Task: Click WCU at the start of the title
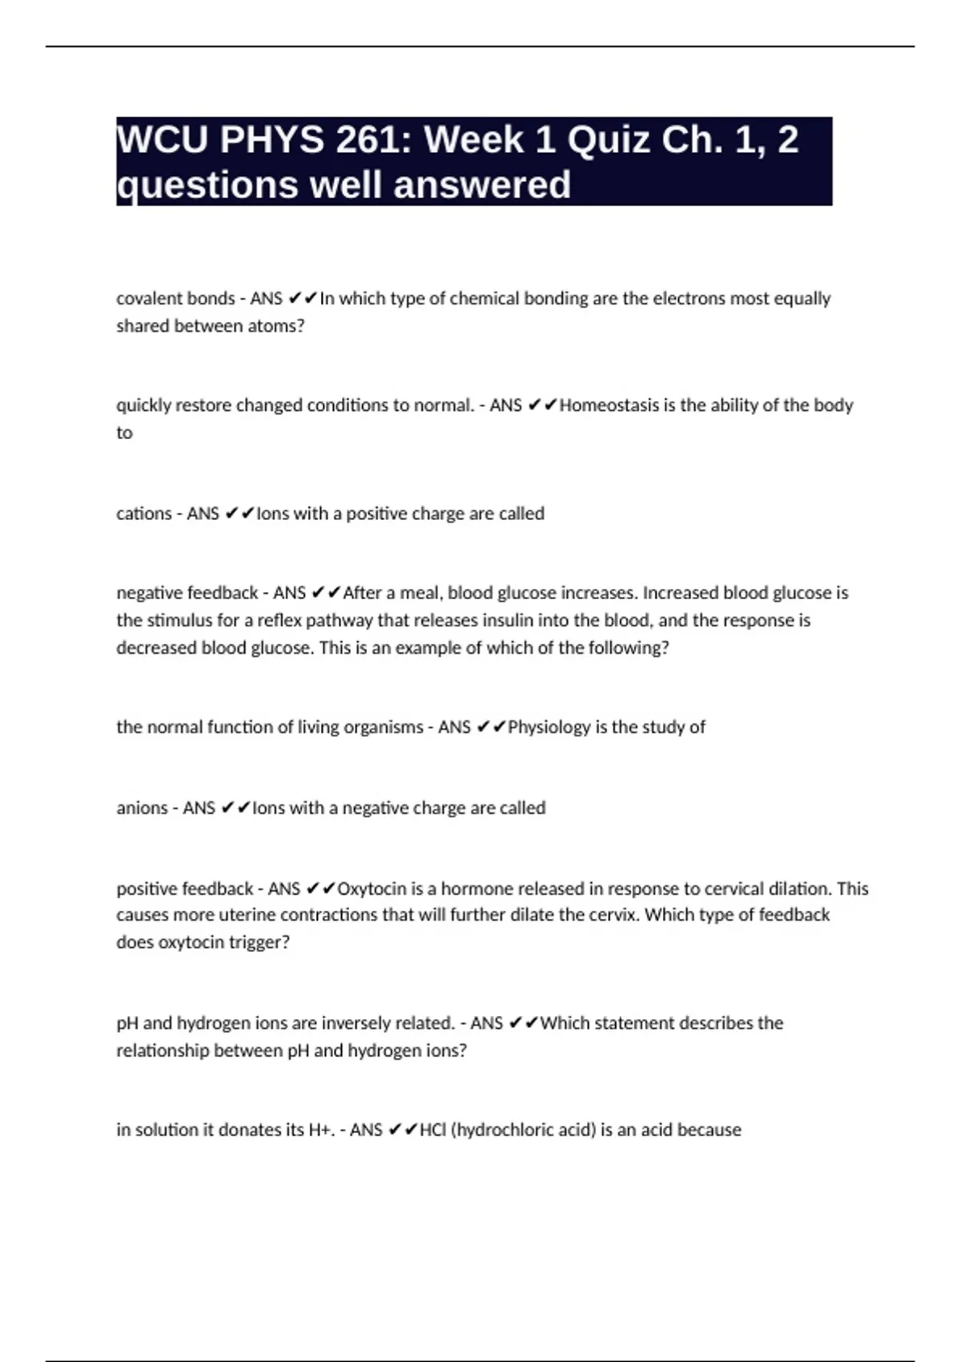tap(163, 140)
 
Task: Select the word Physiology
tap(549, 727)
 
